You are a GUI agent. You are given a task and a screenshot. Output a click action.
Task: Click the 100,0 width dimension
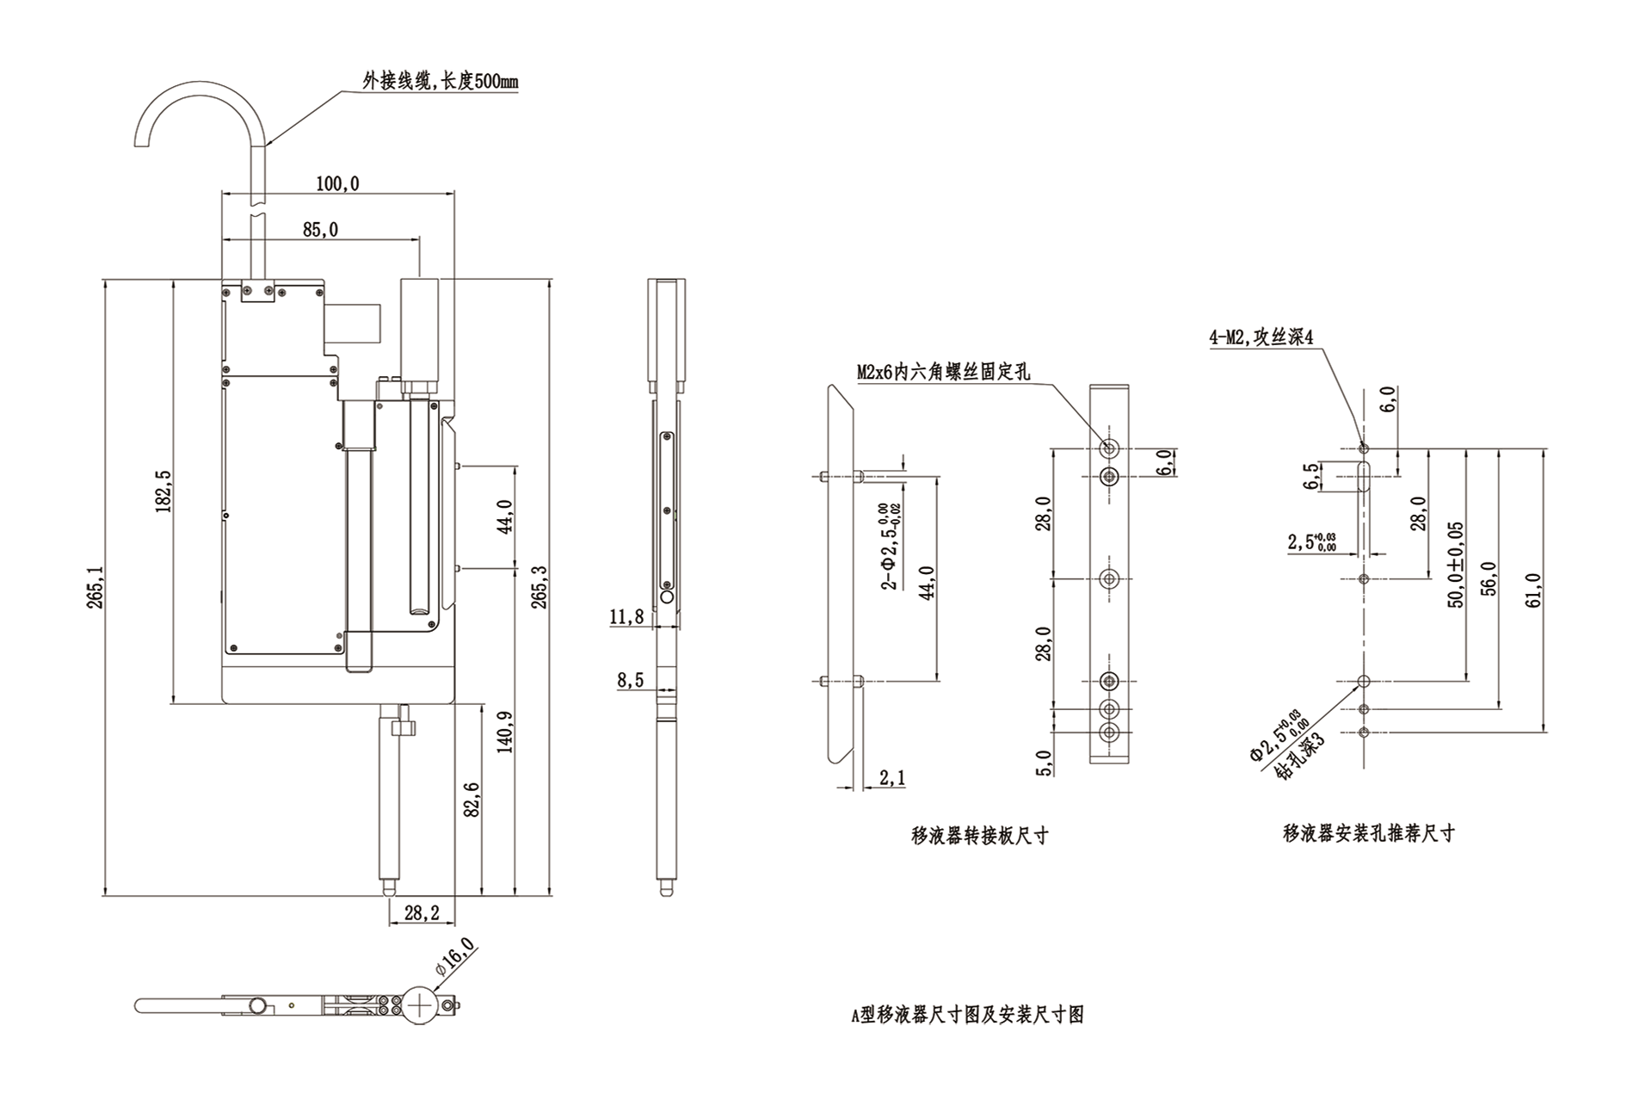[x=337, y=183]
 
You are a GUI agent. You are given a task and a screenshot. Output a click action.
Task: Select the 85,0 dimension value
[x=320, y=230]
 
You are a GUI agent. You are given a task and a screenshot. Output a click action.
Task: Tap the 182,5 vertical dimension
[x=163, y=491]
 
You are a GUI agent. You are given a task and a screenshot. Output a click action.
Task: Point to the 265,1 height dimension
[x=95, y=587]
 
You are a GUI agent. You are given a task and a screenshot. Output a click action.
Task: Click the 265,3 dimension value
[x=539, y=587]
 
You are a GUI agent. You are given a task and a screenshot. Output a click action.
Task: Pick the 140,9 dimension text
[x=505, y=732]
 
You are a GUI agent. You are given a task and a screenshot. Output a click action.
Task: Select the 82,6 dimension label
[x=472, y=800]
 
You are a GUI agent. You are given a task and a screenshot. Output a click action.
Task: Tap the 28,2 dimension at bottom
[x=422, y=913]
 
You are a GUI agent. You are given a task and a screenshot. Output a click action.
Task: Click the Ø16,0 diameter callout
[x=455, y=956]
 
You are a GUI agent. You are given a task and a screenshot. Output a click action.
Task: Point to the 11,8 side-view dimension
[x=626, y=616]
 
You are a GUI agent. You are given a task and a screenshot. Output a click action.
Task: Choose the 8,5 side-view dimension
[x=630, y=680]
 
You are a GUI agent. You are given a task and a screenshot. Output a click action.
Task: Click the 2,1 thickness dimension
[x=892, y=778]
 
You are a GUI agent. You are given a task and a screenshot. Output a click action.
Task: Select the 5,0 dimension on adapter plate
[x=1044, y=763]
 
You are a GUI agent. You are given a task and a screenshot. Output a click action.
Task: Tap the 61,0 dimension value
[x=1533, y=590]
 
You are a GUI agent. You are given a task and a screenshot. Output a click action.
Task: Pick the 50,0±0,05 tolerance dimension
[x=1455, y=565]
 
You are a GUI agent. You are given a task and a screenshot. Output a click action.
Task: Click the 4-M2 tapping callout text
[x=1261, y=337]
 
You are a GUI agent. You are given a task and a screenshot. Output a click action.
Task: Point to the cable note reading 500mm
[x=440, y=82]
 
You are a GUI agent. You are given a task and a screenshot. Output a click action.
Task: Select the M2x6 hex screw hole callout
[x=943, y=372]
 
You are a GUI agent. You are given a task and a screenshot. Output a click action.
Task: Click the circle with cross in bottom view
[x=420, y=1004]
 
